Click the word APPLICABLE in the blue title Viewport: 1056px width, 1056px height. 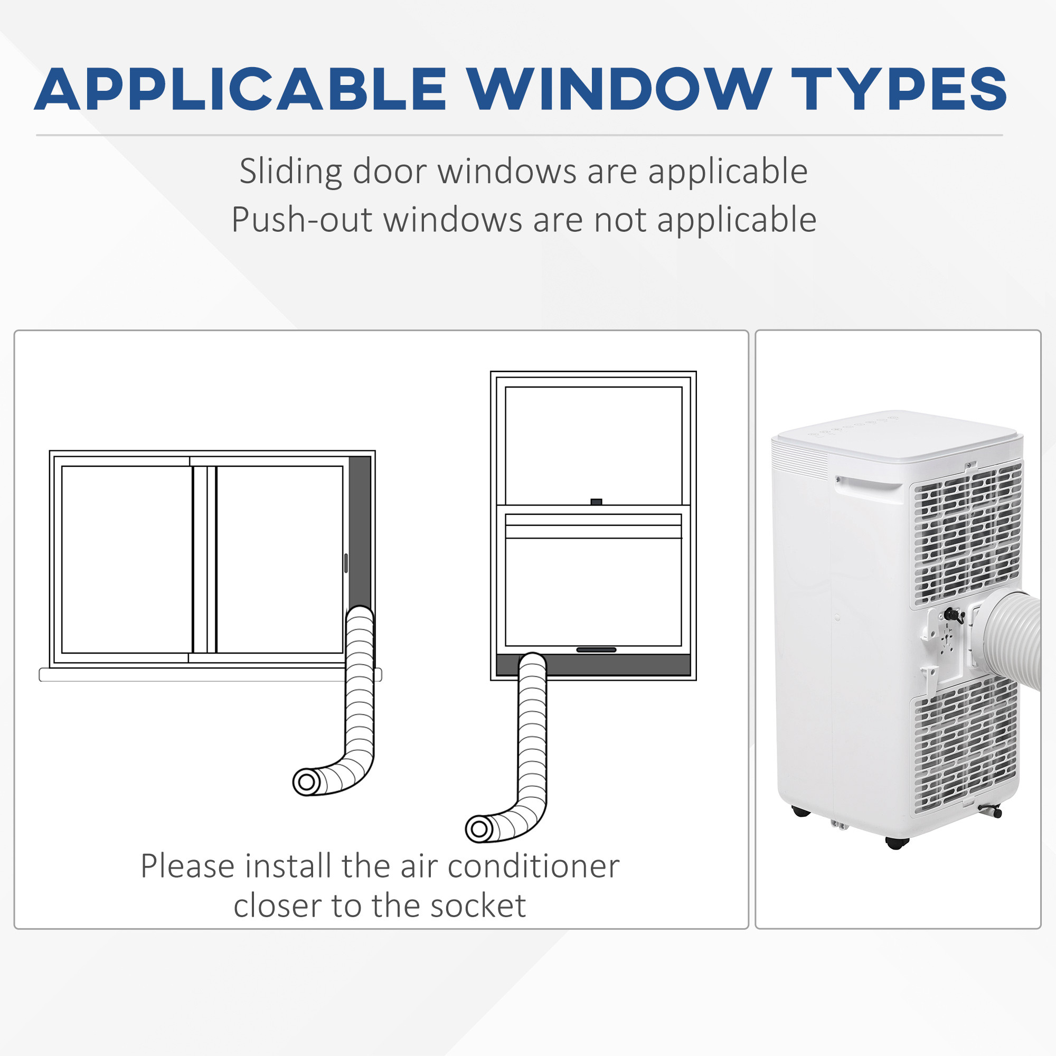coord(240,89)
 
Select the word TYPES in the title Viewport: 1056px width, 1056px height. coord(899,89)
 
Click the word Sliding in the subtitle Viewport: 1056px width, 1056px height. coord(291,172)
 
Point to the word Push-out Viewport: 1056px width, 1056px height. coord(301,220)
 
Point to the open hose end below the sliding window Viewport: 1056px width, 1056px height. coord(307,782)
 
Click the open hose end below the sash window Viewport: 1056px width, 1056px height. coord(479,829)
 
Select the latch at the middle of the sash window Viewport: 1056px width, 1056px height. coord(596,502)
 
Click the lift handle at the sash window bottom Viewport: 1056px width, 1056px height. coord(596,650)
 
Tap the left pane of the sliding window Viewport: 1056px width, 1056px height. coord(127,559)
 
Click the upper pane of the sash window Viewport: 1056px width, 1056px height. coord(593,446)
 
